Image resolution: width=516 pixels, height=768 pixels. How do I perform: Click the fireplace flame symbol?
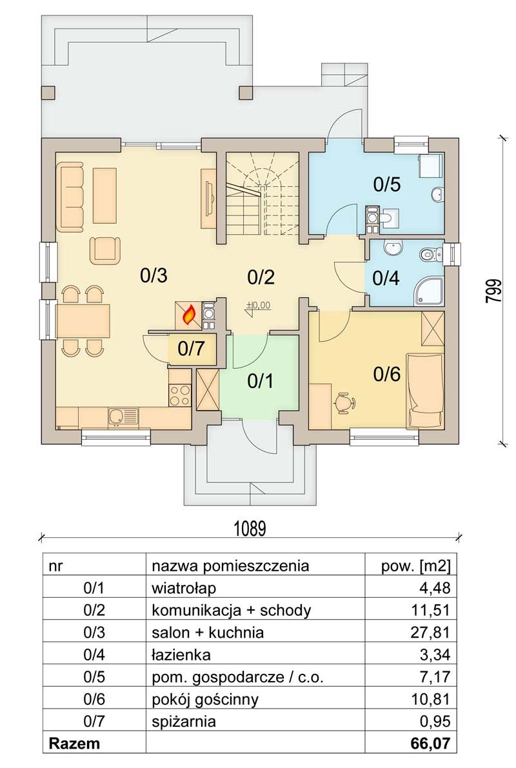pyautogui.click(x=188, y=316)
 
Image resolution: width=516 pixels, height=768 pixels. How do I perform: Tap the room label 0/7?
pyautogui.click(x=191, y=350)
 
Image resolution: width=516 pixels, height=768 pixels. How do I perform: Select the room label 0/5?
pyautogui.click(x=387, y=184)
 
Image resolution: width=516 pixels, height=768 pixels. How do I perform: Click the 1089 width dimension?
pyautogui.click(x=250, y=529)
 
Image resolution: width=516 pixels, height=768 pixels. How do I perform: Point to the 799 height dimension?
pyautogui.click(x=494, y=291)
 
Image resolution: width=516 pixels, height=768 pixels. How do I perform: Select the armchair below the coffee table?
pyautogui.click(x=105, y=249)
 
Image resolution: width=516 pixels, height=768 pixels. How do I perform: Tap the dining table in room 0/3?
pyautogui.click(x=83, y=321)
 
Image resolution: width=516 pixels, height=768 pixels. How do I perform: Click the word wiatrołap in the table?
pyautogui.click(x=184, y=587)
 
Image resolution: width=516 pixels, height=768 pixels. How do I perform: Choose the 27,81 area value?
pyautogui.click(x=430, y=633)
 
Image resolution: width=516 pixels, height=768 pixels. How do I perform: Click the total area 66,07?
pyautogui.click(x=430, y=743)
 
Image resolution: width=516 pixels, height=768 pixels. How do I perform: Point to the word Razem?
pyautogui.click(x=74, y=743)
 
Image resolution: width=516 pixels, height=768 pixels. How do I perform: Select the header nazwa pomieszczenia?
pyautogui.click(x=230, y=566)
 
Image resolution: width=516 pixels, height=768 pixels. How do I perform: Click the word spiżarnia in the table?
pyautogui.click(x=184, y=722)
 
